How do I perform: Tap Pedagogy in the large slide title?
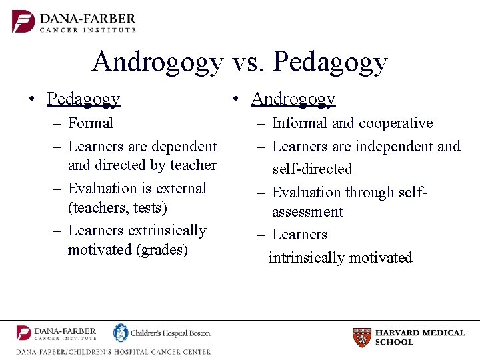click(x=330, y=63)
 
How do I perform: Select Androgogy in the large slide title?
click(x=158, y=63)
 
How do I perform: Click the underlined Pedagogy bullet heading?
click(x=83, y=99)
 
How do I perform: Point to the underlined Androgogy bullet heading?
click(x=293, y=99)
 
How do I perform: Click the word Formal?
click(x=91, y=123)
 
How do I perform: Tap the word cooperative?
click(x=395, y=123)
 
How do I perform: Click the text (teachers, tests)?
click(x=117, y=208)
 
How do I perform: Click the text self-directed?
click(x=312, y=169)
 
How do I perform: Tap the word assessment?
click(x=307, y=212)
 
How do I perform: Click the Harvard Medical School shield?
click(x=361, y=337)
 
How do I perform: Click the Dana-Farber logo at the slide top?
click(x=74, y=22)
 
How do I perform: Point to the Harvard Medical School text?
click(x=420, y=337)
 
